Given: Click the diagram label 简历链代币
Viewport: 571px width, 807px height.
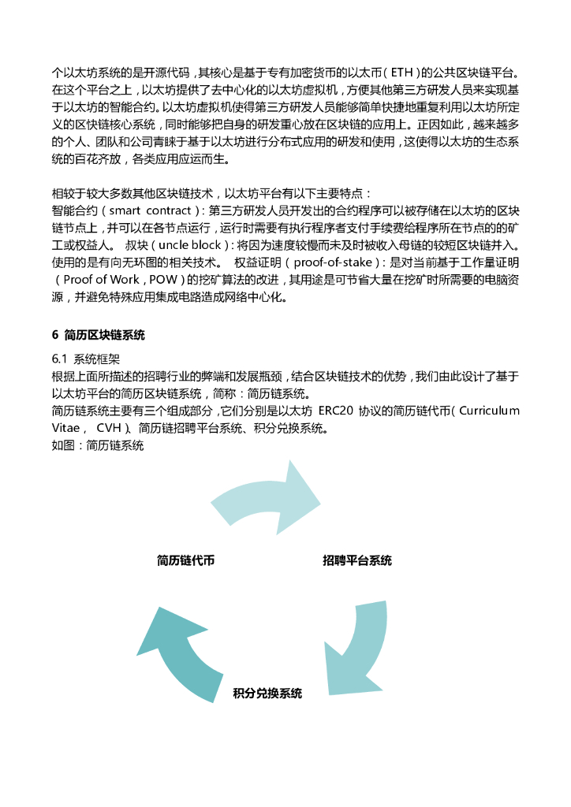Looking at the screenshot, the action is [186, 561].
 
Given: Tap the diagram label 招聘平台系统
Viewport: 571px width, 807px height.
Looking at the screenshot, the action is [357, 561].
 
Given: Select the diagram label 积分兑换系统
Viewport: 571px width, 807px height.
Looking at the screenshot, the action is [267, 694].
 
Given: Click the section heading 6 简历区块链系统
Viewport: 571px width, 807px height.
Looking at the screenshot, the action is [99, 335].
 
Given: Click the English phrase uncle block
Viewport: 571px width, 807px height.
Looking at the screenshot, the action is [189, 245].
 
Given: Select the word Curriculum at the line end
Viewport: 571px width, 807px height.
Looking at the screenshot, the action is [489, 411].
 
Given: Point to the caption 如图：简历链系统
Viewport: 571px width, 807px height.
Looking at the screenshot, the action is [98, 446].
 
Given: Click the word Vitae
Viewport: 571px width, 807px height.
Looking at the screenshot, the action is [68, 429].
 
